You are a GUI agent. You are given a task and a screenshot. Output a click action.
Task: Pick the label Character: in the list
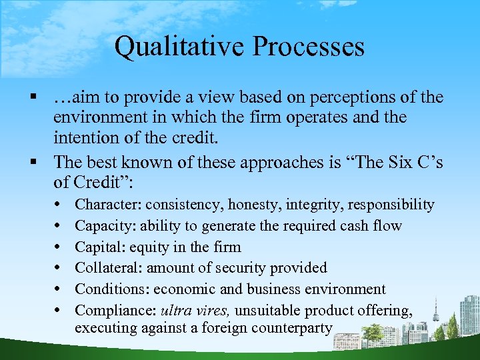[x=108, y=205]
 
